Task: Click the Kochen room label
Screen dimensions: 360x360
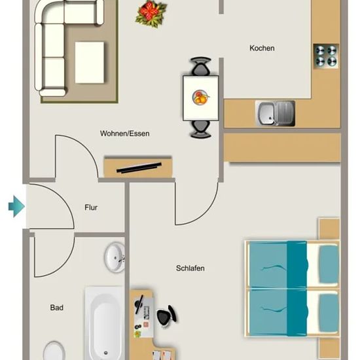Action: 262,48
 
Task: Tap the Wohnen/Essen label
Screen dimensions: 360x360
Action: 124,134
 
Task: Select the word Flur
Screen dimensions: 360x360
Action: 91,207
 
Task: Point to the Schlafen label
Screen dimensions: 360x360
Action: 190,268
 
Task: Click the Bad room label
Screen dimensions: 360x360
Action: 57,308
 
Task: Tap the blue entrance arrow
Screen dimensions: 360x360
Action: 16,206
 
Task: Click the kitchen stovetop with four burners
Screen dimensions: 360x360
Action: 326,56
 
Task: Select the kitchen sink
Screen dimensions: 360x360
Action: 275,113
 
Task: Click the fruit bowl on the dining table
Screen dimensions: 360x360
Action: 200,98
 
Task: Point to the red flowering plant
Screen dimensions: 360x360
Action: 151,14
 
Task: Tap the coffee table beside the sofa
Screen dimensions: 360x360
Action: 90,62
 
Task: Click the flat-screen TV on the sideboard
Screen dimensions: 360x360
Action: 139,168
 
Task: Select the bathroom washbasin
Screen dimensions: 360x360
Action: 115,257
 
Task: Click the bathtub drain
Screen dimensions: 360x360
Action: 105,353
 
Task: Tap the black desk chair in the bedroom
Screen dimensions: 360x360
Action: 166,315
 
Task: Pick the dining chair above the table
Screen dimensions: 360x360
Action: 200,66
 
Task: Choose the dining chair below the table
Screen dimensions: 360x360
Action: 200,129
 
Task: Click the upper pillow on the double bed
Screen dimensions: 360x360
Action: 329,264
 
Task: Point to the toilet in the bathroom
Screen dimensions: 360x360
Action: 54,351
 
